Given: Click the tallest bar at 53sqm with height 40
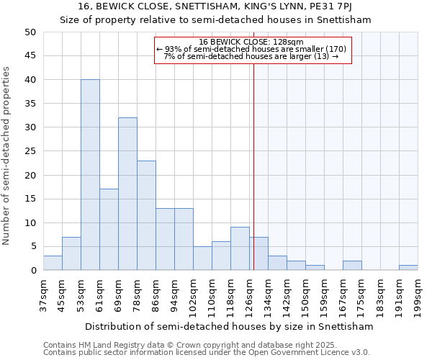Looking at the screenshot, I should point(90,175).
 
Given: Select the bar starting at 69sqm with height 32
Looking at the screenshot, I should point(127,194).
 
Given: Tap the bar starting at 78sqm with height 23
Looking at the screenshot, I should point(146,215).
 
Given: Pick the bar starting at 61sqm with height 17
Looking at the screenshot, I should point(109,230).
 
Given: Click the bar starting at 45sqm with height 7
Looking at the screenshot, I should point(71,253).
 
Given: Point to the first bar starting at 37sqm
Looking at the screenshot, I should point(53,263).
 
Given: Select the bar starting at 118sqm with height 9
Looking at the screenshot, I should point(240,248).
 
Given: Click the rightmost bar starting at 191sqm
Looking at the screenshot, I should point(408,268).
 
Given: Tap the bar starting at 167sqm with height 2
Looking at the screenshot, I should point(352,266).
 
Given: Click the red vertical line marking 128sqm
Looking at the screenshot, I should point(253,166).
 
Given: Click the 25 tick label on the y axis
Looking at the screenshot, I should point(30,151).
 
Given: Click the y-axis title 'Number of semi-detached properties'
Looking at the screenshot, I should point(7,155).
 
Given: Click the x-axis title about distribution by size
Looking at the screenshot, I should point(230,326).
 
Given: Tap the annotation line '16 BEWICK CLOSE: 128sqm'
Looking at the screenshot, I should point(251,42).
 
